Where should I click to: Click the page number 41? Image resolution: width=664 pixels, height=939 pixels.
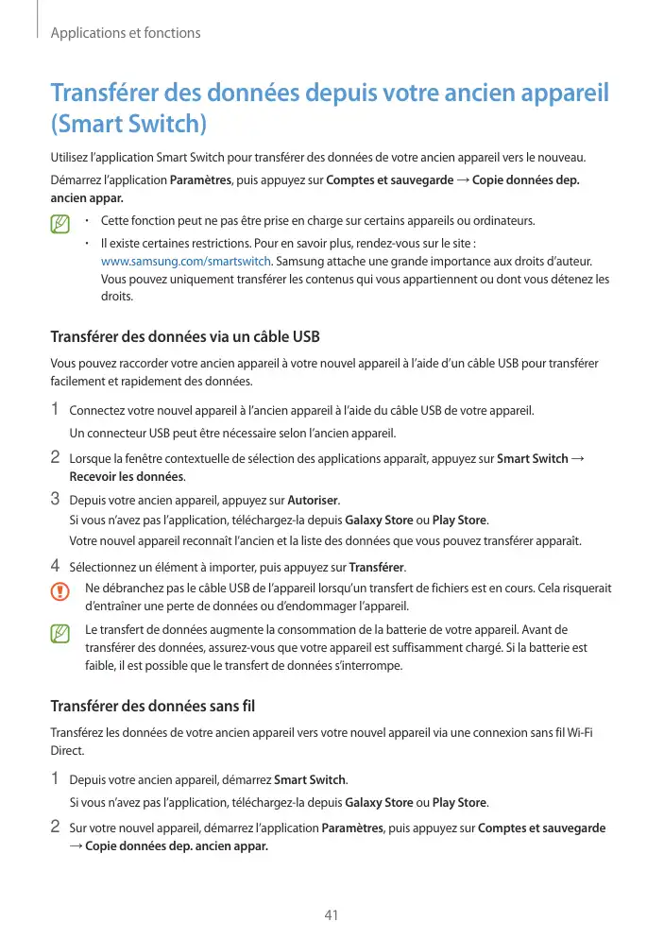331,914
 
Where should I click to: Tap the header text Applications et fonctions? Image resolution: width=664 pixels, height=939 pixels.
125,33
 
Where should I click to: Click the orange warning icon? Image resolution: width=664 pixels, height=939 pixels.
60,592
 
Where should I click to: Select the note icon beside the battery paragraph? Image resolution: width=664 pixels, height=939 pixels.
60,634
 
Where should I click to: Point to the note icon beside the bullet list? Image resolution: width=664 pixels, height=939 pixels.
60,226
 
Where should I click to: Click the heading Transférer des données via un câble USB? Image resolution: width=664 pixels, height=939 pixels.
184,337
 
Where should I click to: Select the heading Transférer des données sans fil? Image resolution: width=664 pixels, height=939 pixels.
152,706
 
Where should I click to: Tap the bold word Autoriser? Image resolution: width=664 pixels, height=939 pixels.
311,499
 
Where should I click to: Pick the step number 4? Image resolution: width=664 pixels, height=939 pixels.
55,567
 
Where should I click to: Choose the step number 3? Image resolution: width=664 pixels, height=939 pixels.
55,498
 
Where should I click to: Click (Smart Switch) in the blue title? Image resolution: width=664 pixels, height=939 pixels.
128,124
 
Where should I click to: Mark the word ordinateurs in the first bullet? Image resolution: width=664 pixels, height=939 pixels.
502,221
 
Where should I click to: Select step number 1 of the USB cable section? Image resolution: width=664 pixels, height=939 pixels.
55,410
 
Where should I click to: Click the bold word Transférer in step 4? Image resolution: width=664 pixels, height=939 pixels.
376,568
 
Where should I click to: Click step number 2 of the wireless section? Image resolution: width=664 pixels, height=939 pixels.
55,828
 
